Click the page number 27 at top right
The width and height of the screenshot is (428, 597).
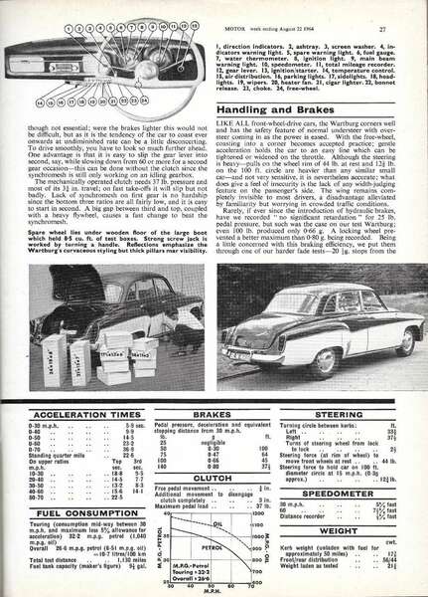[408, 12]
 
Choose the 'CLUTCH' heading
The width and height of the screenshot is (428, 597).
[212, 476]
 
